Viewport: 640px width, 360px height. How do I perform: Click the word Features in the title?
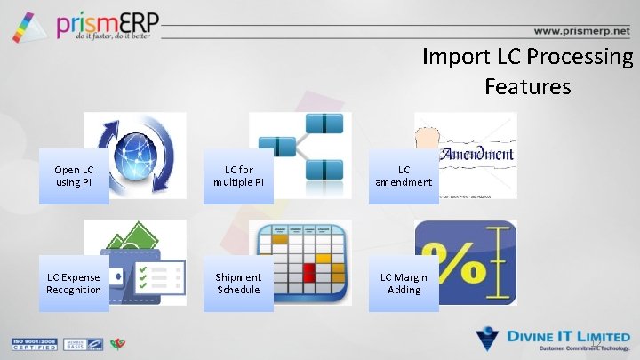tap(527, 86)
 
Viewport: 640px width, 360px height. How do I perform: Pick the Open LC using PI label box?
tap(74, 176)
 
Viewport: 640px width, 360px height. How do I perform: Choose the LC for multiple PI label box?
tap(238, 176)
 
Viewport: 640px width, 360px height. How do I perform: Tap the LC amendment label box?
tap(404, 176)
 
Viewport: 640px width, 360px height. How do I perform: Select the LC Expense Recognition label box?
tap(74, 284)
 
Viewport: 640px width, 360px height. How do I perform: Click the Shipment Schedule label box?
tap(238, 284)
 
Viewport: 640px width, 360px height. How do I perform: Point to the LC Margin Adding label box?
tap(404, 284)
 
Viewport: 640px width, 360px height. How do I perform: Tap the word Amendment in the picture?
tap(479, 153)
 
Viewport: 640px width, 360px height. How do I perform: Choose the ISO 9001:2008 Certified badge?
tap(32, 343)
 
